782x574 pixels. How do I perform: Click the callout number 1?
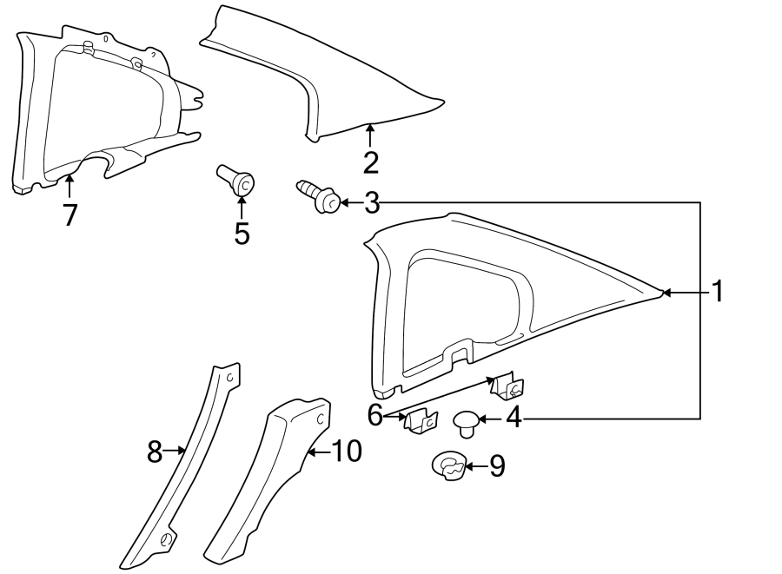(x=718, y=292)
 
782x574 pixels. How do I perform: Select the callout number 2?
(x=371, y=162)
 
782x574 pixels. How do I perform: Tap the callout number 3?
(x=371, y=203)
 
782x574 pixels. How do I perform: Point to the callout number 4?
(x=514, y=419)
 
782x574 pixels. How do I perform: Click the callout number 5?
(x=242, y=233)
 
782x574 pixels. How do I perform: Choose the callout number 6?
(x=375, y=415)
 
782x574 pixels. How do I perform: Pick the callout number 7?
(x=70, y=214)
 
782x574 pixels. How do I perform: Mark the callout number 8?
(x=155, y=451)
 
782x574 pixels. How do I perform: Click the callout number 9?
(x=496, y=466)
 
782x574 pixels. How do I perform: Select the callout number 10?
(x=346, y=451)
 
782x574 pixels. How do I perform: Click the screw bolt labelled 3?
(x=319, y=196)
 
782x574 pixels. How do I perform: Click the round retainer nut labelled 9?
(x=449, y=466)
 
